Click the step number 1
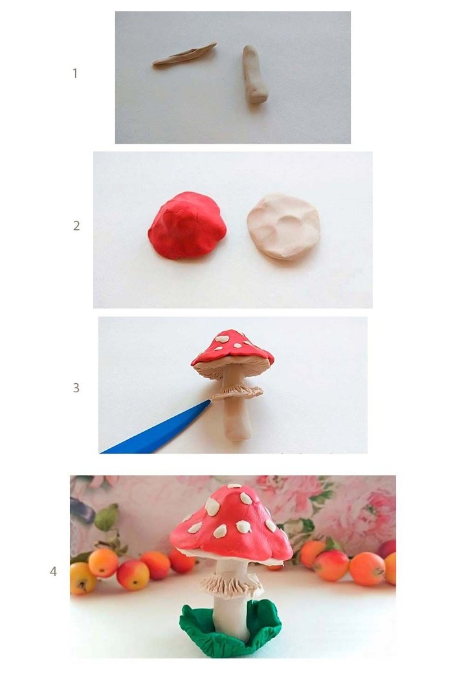[75, 73]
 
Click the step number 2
[76, 226]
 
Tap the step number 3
[76, 388]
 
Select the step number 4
[54, 571]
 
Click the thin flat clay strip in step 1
[184, 55]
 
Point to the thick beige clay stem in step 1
[254, 74]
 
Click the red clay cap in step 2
[187, 225]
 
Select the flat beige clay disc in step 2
[283, 226]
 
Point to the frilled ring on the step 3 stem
[236, 392]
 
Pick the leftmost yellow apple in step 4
[82, 578]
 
